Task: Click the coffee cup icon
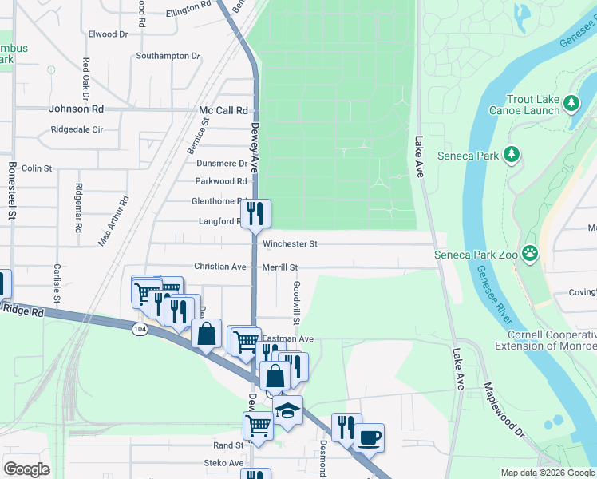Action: coord(369,437)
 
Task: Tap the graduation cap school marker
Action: coord(287,410)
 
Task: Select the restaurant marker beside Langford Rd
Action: coord(255,213)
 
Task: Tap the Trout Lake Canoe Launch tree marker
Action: coord(571,103)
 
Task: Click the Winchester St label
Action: coord(291,243)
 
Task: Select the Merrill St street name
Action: coord(279,267)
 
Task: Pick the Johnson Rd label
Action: coord(76,109)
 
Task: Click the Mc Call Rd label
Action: coord(223,111)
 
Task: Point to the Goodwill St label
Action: coord(295,302)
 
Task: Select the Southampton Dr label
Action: coord(168,56)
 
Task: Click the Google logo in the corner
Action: coord(26,469)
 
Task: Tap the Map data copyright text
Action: coord(548,473)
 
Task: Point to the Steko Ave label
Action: coord(224,463)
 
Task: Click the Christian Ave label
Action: coord(220,267)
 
